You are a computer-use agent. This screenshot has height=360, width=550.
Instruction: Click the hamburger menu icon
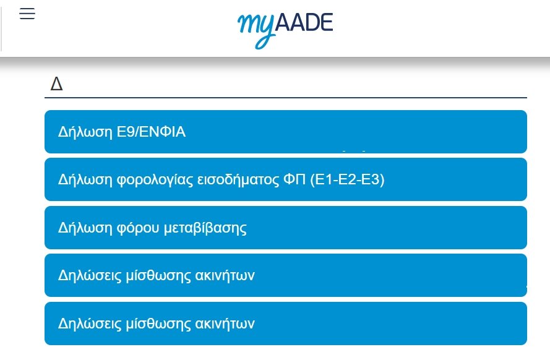(27, 14)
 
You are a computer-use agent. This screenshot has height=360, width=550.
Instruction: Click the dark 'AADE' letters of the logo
(304, 23)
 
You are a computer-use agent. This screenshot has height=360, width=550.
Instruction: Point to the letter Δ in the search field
(56, 84)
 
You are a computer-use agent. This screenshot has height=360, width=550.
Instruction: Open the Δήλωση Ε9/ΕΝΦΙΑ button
(286, 132)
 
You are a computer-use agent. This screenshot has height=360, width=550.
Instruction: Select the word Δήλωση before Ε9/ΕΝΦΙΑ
(85, 132)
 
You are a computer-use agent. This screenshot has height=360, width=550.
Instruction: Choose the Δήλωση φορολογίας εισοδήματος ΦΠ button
(286, 179)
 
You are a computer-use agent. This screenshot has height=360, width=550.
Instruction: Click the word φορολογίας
(155, 180)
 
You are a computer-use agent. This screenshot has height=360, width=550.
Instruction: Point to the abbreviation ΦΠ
(294, 179)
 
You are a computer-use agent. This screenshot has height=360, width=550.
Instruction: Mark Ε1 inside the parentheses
(324, 179)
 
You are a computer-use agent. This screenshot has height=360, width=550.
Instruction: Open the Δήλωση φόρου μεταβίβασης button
(286, 228)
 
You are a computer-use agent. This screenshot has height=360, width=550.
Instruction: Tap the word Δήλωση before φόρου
(85, 228)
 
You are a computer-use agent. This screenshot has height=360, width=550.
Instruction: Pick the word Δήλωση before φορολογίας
(85, 180)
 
